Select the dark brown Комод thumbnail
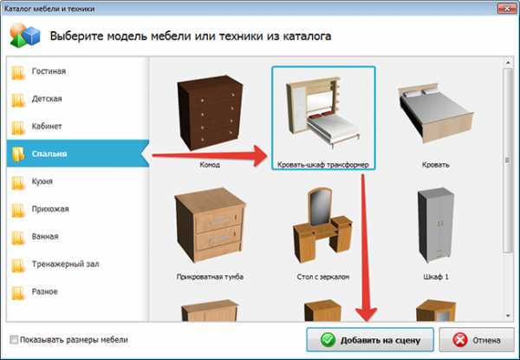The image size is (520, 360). pos(210,113)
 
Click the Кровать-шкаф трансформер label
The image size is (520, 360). pos(323,165)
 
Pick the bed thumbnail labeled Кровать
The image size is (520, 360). pos(436,113)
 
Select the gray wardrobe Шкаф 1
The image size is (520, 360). pos(436,225)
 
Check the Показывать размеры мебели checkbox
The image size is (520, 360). pos(14,340)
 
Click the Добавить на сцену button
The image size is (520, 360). pos(370,340)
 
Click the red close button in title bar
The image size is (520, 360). pos(507,9)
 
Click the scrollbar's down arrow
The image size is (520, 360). pos(508,316)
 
